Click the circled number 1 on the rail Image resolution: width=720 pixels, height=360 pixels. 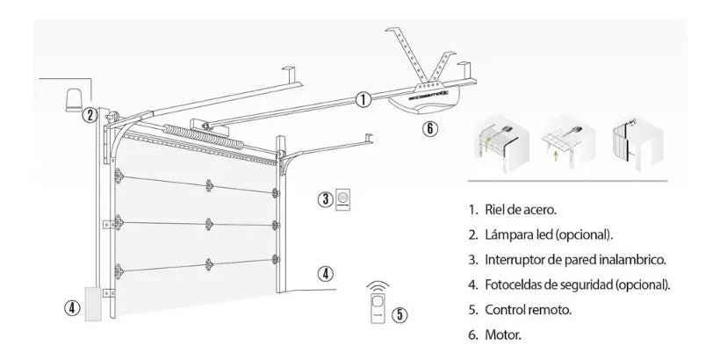(363, 99)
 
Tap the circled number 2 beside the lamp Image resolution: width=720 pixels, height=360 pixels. (89, 114)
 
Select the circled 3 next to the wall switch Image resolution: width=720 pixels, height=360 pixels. (325, 198)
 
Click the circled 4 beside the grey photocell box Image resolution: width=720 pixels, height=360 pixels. (72, 307)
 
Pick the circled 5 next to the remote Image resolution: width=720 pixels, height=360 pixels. (400, 313)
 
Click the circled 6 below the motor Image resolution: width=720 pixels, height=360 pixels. (428, 128)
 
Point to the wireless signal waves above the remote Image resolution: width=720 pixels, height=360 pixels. (378, 287)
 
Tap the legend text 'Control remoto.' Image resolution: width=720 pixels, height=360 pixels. (525, 310)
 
